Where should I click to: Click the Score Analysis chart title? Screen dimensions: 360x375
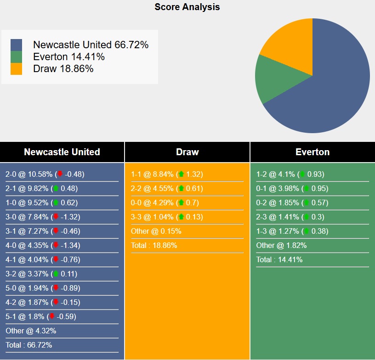tap(187, 7)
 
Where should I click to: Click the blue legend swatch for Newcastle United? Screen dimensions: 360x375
tap(16, 45)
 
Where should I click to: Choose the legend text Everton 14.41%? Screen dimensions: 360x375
tap(69, 57)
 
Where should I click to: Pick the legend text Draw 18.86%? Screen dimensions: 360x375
tap(63, 69)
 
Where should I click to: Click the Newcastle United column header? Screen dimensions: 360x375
tap(62, 152)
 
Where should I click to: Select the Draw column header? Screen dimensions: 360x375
tap(187, 152)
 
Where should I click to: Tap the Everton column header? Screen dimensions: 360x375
tap(312, 152)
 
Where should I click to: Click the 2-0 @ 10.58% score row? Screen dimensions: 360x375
tap(45, 174)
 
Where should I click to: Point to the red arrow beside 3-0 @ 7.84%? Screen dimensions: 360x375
tap(56, 217)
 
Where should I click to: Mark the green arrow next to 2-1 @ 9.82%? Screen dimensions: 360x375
tap(56, 188)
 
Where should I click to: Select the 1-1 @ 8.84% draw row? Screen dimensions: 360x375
tap(167, 174)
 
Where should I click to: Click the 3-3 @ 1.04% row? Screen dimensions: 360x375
tap(167, 217)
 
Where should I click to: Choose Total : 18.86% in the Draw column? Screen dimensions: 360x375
tap(154, 245)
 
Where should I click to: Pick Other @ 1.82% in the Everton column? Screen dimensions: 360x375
tap(281, 245)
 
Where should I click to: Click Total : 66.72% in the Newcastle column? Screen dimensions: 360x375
tap(28, 345)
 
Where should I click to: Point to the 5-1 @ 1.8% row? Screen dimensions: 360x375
tap(41, 316)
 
